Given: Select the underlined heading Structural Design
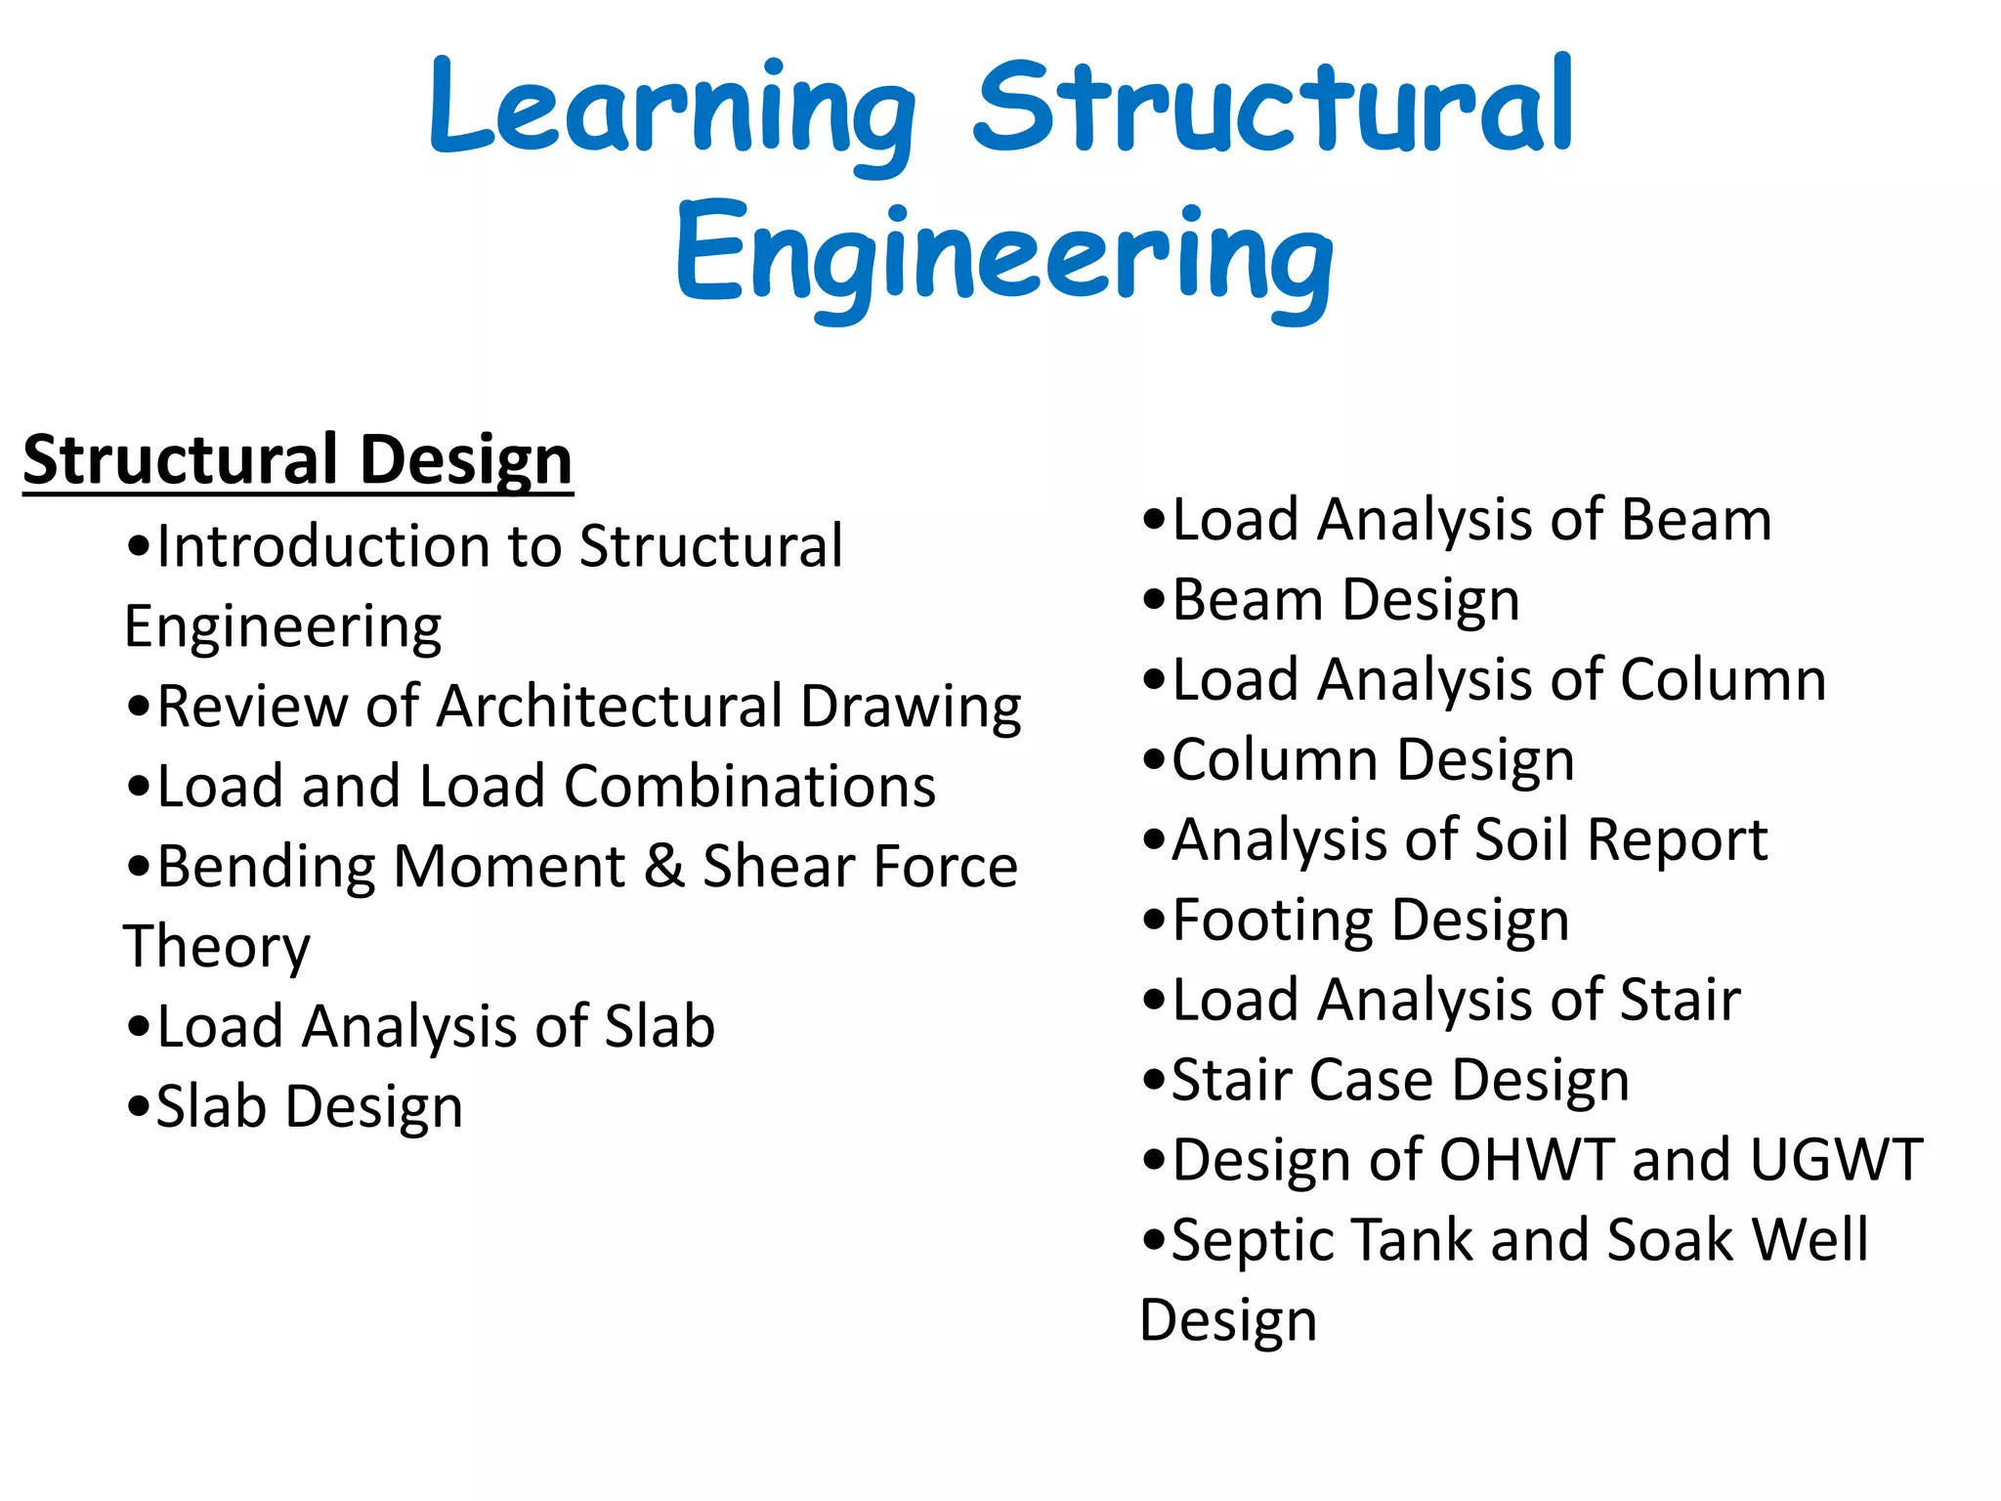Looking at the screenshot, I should (298, 459).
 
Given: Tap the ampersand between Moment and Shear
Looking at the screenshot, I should (664, 866).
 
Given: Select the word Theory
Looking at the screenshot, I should (217, 946).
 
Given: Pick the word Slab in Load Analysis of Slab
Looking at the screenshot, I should (660, 1026).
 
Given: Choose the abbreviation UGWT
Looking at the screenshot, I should (1836, 1160).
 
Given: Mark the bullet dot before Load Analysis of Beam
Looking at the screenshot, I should (1154, 521).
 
